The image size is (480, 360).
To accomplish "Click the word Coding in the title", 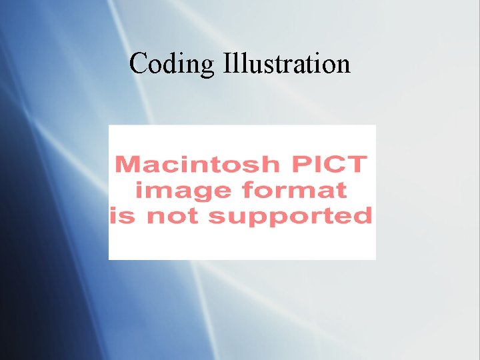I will coord(172,65).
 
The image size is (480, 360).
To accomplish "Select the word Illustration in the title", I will coord(287,64).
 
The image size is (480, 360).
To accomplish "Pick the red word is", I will coord(121,216).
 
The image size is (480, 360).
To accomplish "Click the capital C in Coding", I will coord(139,64).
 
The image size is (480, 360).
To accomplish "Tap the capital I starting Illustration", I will coord(227,64).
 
